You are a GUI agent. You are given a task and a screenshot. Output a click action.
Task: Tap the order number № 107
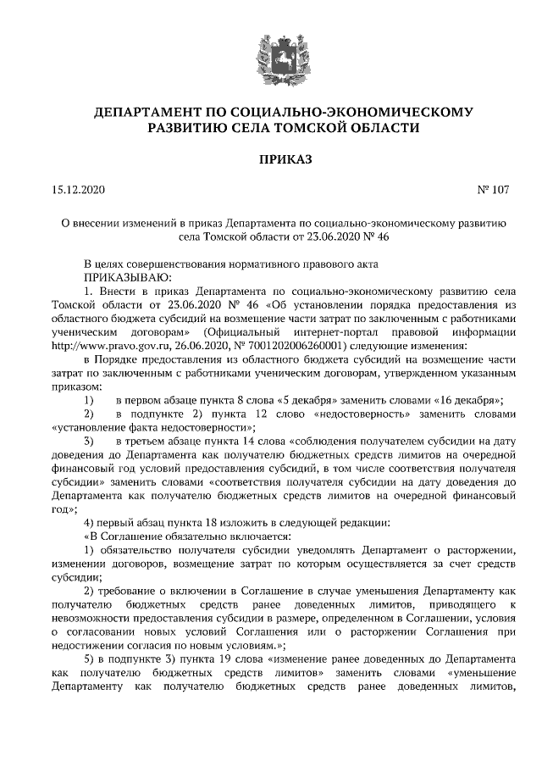tap(495, 192)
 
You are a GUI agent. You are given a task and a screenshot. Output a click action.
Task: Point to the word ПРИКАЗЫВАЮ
tap(127, 276)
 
